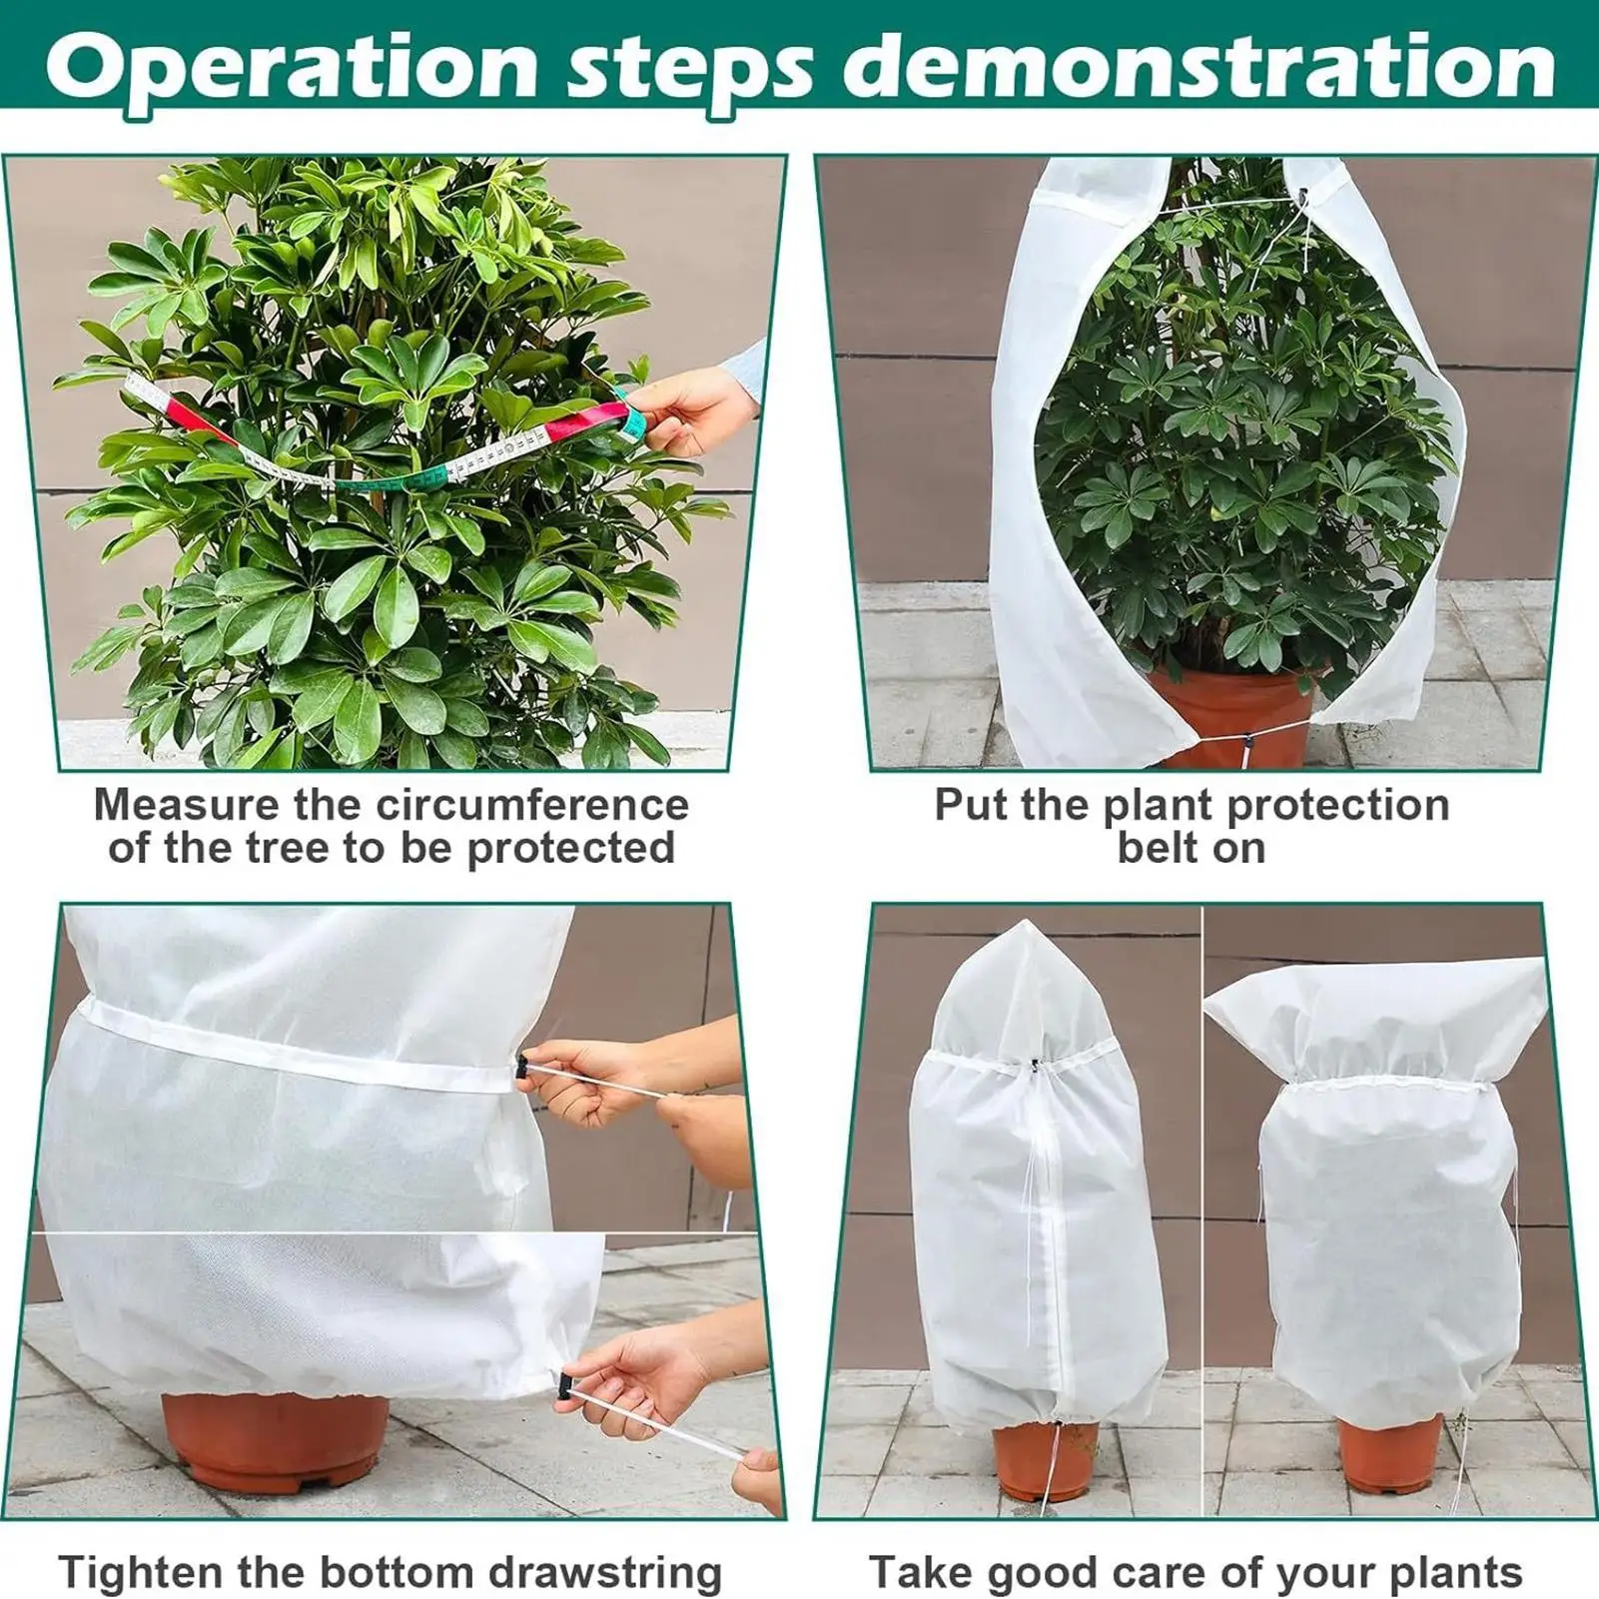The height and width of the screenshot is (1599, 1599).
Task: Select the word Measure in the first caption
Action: tap(185, 805)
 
